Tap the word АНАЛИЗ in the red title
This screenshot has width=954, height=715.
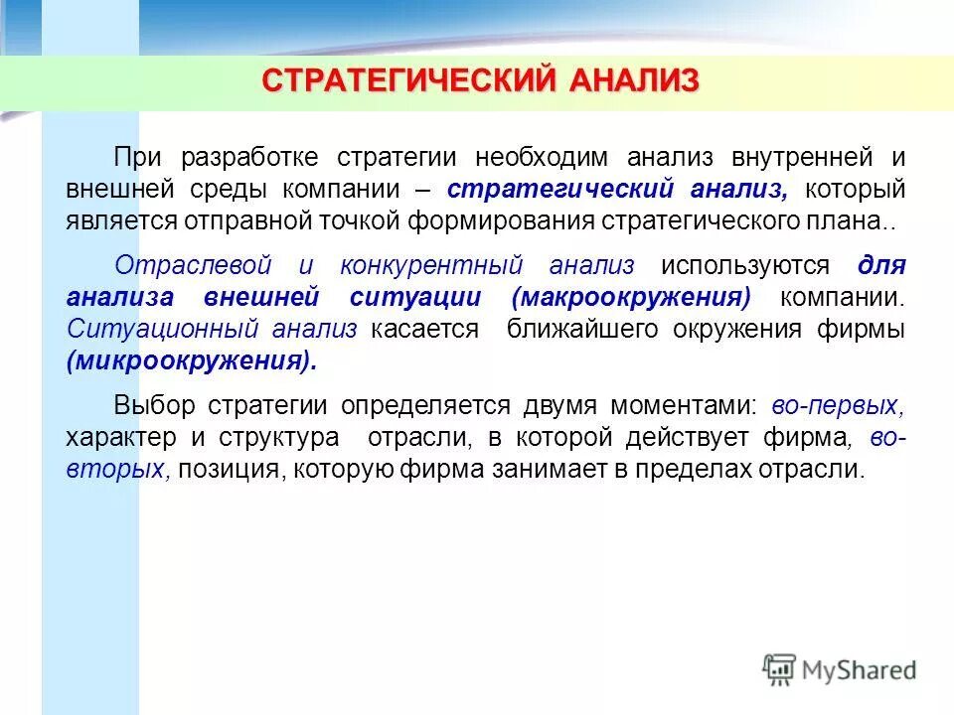633,80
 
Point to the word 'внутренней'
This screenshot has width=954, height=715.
788,157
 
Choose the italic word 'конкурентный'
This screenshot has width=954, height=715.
431,265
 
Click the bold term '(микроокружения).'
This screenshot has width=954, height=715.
192,360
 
